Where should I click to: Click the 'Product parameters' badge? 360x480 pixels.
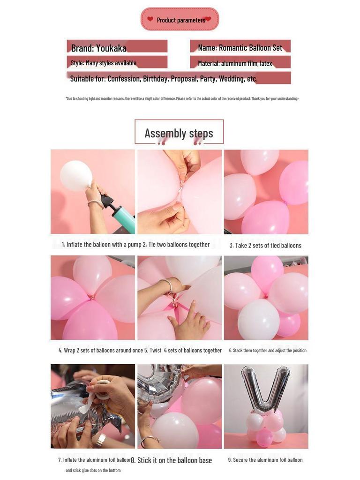180,20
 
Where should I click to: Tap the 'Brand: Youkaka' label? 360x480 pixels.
99,48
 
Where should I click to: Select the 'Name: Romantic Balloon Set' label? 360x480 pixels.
240,48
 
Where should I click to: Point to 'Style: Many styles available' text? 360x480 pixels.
104,63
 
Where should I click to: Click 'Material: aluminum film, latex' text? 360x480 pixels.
235,63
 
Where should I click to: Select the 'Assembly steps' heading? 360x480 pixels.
179,133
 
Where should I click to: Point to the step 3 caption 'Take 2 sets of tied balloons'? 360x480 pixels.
265,245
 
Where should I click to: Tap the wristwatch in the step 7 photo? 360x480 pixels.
101,440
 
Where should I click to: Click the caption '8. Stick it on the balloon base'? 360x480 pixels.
172,460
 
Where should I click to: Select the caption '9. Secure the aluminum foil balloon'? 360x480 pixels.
265,460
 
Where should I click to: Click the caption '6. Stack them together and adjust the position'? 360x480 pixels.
268,351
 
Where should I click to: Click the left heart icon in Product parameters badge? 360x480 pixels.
150,19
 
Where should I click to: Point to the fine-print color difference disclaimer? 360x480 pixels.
182,98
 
